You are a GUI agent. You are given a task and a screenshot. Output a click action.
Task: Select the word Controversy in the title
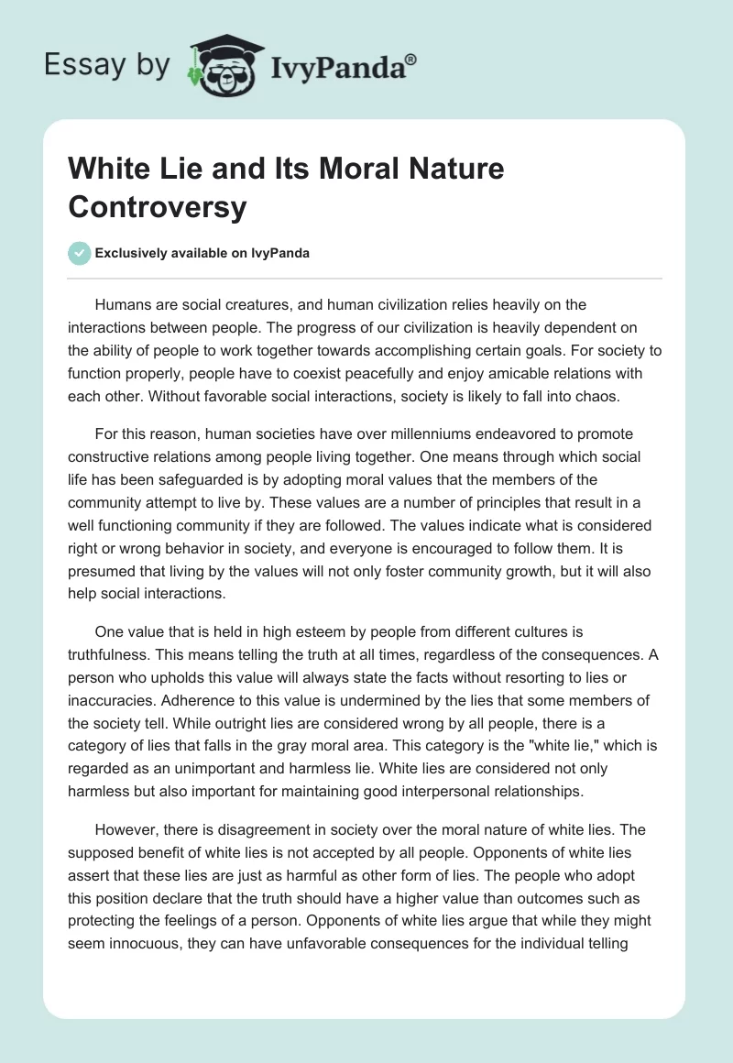[x=158, y=207]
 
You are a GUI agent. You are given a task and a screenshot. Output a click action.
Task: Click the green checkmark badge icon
[x=80, y=253]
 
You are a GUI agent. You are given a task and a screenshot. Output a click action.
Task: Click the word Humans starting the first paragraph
[x=123, y=304]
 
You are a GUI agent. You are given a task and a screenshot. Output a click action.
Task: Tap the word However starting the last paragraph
[x=126, y=830]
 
